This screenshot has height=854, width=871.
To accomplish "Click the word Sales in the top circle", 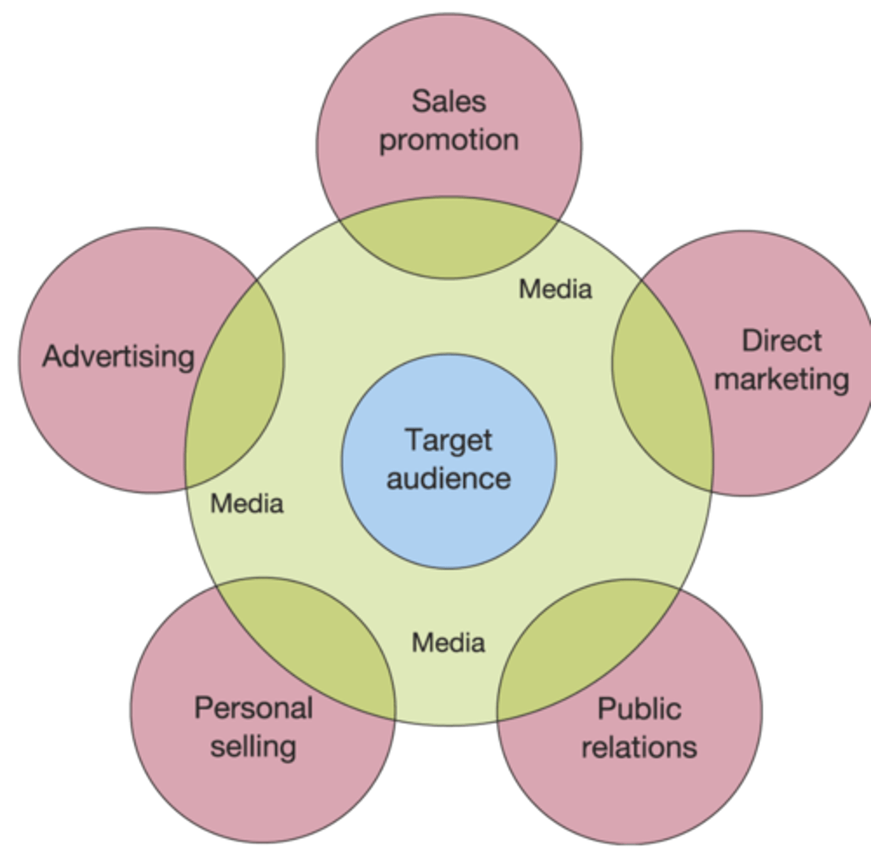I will (x=449, y=101).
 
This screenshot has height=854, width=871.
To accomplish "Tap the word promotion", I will (x=448, y=140).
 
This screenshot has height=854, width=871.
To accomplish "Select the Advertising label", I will (x=118, y=356).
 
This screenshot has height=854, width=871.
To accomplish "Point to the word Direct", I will (x=781, y=341).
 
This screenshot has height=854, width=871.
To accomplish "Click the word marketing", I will (x=781, y=379).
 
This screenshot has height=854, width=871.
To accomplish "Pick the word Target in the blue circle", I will (x=448, y=440).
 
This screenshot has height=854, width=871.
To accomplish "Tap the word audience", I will (x=448, y=478).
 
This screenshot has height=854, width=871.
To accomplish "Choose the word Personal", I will (x=253, y=708).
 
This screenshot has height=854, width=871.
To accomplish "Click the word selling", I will (x=253, y=747).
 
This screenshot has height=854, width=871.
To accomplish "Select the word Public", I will (x=639, y=709).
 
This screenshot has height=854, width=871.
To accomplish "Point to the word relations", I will (x=639, y=747).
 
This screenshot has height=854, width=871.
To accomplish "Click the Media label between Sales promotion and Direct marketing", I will (x=555, y=289).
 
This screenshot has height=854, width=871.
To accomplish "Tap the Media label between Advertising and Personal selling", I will (x=247, y=504).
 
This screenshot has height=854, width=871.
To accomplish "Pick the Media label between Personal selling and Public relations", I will (x=448, y=643).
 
